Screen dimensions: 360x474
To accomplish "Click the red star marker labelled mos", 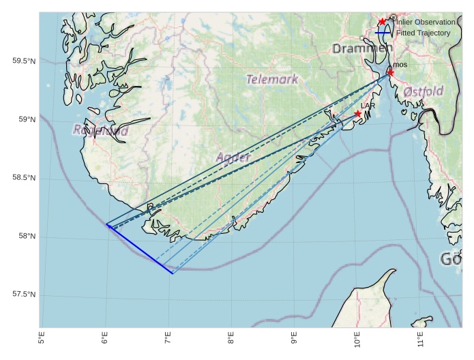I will click(390, 72).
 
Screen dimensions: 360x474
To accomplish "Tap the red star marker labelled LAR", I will click(357, 114).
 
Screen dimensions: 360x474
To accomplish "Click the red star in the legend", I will click(383, 22).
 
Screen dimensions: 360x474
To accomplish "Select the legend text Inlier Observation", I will click(426, 22).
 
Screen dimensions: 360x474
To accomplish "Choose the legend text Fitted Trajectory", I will click(424, 33).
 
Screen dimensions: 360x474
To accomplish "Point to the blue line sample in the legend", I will click(383, 33).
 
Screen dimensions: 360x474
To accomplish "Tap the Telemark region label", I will click(272, 79).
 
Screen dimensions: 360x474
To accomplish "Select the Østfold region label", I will click(423, 91).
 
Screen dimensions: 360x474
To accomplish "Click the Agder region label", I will click(234, 157).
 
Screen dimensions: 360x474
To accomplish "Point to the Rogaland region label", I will click(100, 130).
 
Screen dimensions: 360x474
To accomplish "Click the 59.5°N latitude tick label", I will click(23, 61).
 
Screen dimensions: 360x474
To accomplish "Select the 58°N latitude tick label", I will click(26, 237).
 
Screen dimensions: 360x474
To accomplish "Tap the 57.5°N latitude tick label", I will click(23, 295).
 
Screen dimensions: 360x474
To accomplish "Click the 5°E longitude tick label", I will click(42, 337).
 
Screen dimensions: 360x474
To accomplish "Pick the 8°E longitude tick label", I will click(231, 337).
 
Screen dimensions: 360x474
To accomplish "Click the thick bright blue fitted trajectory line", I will click(139, 249).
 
